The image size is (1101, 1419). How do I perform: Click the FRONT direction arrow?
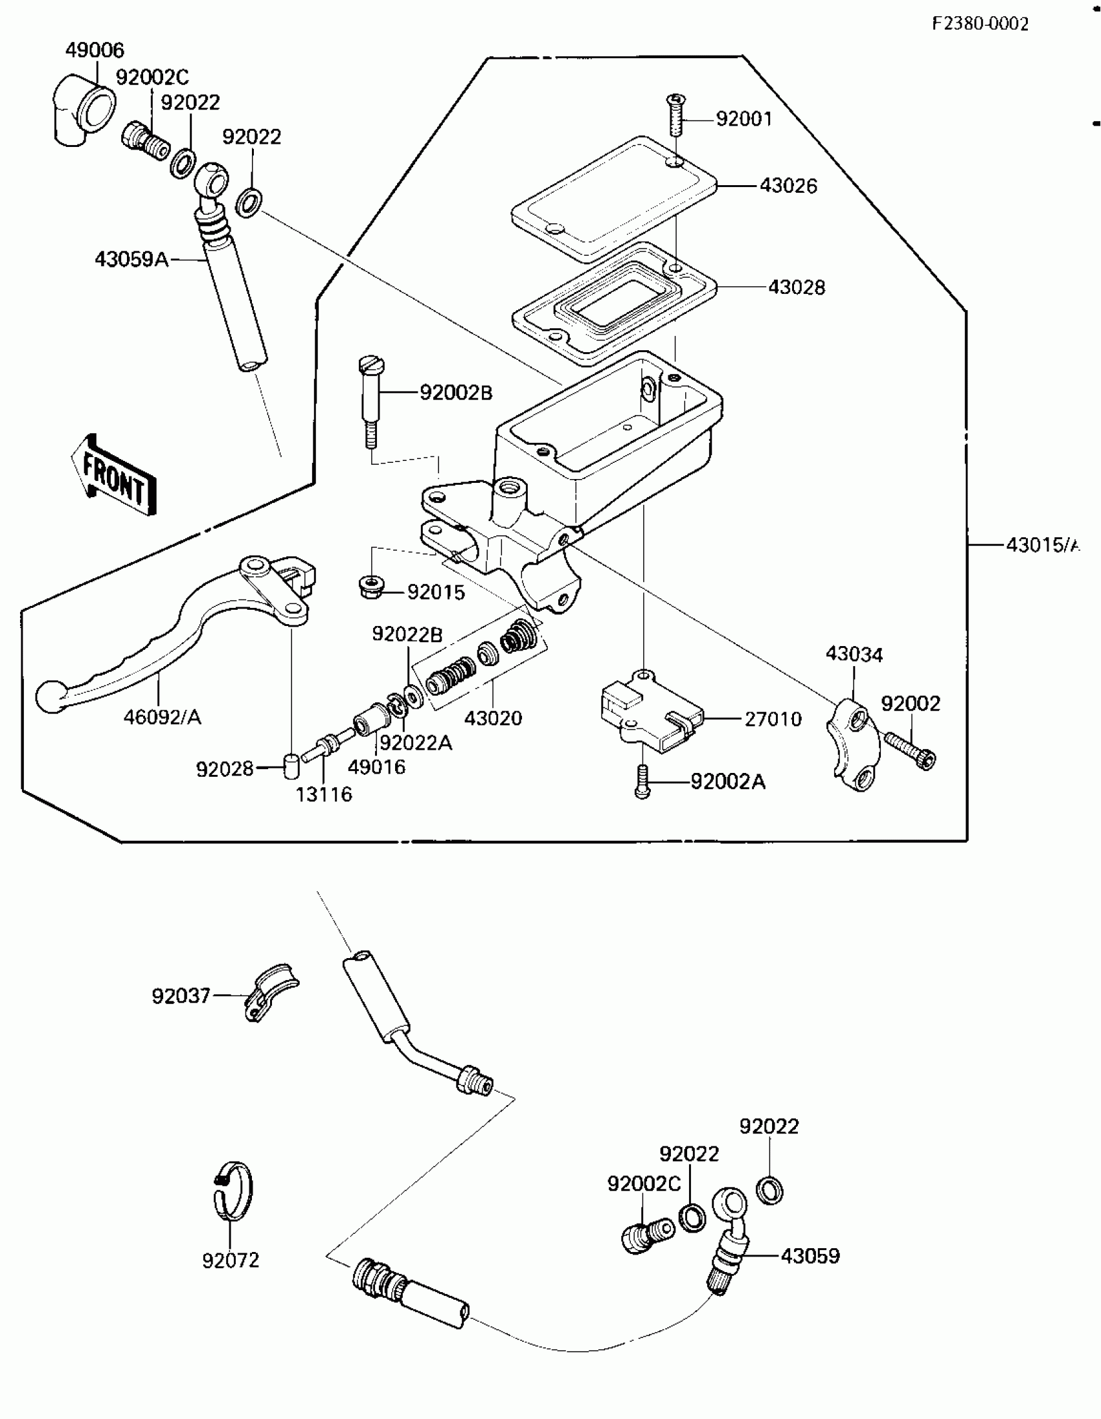[x=114, y=475]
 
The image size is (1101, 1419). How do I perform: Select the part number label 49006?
[x=95, y=50]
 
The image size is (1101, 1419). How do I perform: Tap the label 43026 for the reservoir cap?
[x=788, y=186]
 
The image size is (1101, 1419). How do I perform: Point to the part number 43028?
[x=796, y=287]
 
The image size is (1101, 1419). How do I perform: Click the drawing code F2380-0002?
[x=980, y=24]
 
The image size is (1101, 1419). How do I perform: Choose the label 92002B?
[x=455, y=393]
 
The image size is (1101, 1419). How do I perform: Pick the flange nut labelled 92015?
[x=371, y=587]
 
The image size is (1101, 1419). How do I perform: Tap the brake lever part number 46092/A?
[x=163, y=717]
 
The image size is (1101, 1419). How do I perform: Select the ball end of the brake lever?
[x=49, y=697]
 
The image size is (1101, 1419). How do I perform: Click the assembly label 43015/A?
[x=1042, y=544]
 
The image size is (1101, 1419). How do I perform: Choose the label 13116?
[x=324, y=794]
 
